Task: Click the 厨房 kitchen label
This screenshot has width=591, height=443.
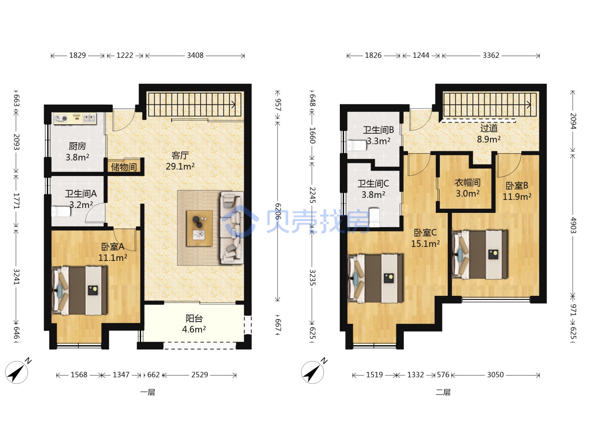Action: (77, 146)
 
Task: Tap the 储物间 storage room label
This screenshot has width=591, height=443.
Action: (124, 167)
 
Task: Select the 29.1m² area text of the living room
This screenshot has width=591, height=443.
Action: (180, 167)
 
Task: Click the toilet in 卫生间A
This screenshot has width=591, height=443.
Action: (61, 212)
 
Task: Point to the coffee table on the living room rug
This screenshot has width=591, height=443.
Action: (199, 228)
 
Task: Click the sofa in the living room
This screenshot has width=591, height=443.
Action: (232, 228)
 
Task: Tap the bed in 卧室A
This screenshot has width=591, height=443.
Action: (80, 290)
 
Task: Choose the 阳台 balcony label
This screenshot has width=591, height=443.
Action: (194, 318)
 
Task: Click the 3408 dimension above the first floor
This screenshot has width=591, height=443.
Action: (195, 55)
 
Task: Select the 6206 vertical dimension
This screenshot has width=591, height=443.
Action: (278, 211)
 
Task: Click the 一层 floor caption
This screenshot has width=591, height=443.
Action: (148, 392)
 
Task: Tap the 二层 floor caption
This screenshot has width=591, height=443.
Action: (443, 392)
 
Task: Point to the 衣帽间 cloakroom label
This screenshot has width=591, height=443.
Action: (468, 183)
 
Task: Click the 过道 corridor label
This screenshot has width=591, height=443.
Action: (489, 128)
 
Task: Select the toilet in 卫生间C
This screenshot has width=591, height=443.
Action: (374, 217)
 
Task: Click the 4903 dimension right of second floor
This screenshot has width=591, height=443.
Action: (573, 225)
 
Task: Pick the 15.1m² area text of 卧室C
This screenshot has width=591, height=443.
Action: (426, 244)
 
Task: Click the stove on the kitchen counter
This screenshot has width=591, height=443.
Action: (61, 119)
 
